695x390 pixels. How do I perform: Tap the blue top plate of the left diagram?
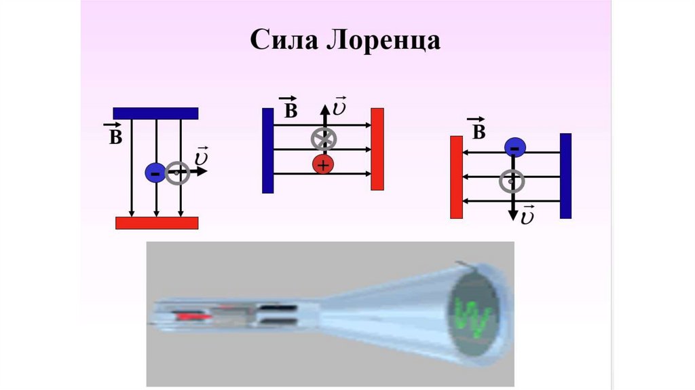155,113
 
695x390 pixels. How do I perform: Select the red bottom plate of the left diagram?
157,222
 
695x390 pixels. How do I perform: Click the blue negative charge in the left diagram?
155,173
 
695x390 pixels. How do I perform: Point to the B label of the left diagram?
115,135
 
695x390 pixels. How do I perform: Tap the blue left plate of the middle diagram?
267,150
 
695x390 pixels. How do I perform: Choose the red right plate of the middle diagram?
377,149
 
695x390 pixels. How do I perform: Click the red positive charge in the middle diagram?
323,164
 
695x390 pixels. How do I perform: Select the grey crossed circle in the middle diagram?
324,139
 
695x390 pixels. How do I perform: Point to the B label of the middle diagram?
288,109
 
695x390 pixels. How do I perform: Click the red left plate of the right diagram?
456,177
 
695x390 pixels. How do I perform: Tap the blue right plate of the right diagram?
565,176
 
